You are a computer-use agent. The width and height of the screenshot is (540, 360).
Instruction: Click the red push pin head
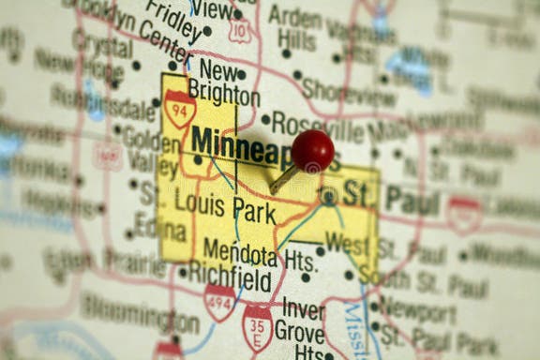[312, 150]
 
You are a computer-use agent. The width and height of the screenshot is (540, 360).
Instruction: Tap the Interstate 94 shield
[179, 109]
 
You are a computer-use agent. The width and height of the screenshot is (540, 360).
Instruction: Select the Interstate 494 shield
[219, 303]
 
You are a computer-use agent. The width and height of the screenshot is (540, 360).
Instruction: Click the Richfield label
[231, 277]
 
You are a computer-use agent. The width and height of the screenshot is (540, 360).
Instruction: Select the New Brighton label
[223, 84]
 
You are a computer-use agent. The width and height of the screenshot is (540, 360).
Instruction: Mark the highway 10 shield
[239, 31]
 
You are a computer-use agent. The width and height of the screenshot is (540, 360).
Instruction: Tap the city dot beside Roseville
[265, 120]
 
